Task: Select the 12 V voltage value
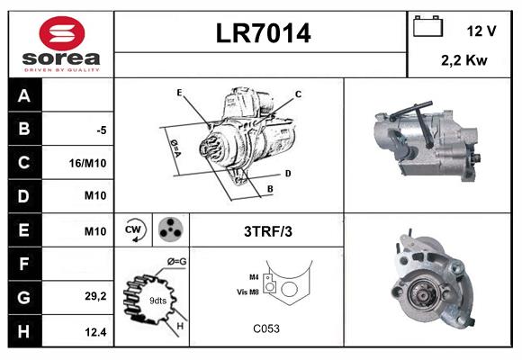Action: (x=481, y=31)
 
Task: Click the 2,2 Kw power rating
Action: (x=464, y=60)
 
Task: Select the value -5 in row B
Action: (x=102, y=130)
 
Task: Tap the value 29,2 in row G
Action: (x=97, y=296)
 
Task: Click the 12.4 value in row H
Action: (x=97, y=330)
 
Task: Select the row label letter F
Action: (x=23, y=264)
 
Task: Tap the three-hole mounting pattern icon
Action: (x=169, y=230)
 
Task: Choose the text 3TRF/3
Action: (x=268, y=231)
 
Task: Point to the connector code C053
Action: (x=266, y=328)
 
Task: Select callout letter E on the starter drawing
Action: (x=179, y=93)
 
